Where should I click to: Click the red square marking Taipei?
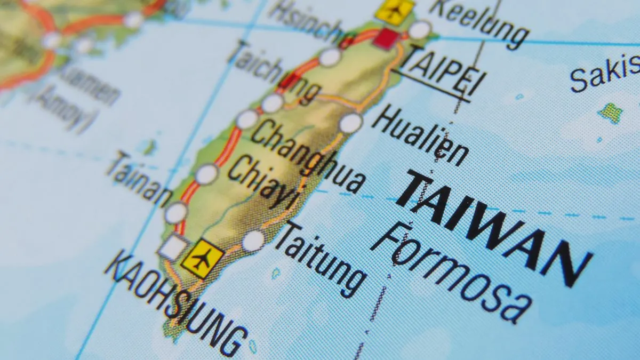click(x=386, y=39)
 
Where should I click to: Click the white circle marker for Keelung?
click(x=419, y=29)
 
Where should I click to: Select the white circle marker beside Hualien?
click(x=350, y=123)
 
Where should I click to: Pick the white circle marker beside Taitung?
click(x=253, y=241)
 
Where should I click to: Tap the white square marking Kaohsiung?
click(x=173, y=247)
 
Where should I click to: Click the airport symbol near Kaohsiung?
click(x=202, y=259)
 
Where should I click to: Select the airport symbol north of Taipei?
click(x=395, y=10)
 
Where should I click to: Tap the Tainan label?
click(x=139, y=179)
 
